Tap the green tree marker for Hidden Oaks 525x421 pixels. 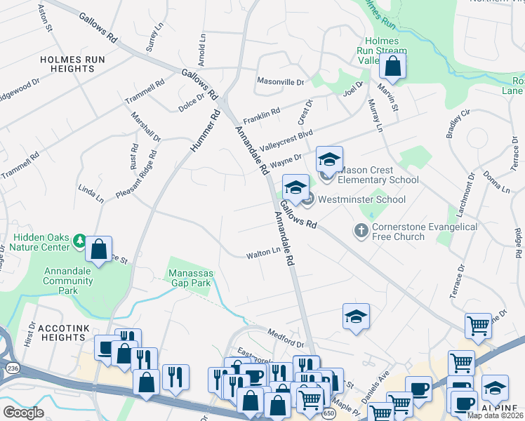[80, 241]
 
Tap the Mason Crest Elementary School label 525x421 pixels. [378, 175]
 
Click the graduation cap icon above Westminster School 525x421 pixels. [295, 187]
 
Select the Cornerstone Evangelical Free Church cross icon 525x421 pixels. [361, 231]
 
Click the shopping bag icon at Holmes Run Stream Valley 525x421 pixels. [393, 67]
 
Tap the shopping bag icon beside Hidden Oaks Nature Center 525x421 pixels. [100, 249]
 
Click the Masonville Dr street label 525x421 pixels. [280, 81]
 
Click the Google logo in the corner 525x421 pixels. [23, 413]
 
